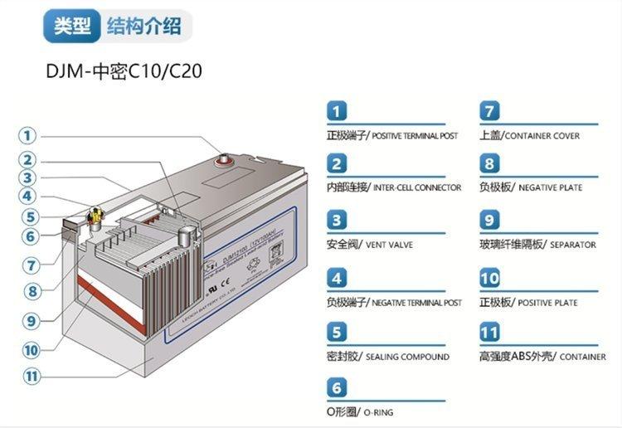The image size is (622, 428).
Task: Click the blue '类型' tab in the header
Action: click(x=72, y=26)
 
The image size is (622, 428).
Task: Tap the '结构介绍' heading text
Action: click(x=143, y=26)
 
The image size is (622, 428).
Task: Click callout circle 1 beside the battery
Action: click(x=28, y=135)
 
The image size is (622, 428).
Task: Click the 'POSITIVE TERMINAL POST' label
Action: click(x=414, y=135)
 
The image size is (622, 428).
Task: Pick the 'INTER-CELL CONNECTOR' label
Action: click(x=417, y=187)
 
